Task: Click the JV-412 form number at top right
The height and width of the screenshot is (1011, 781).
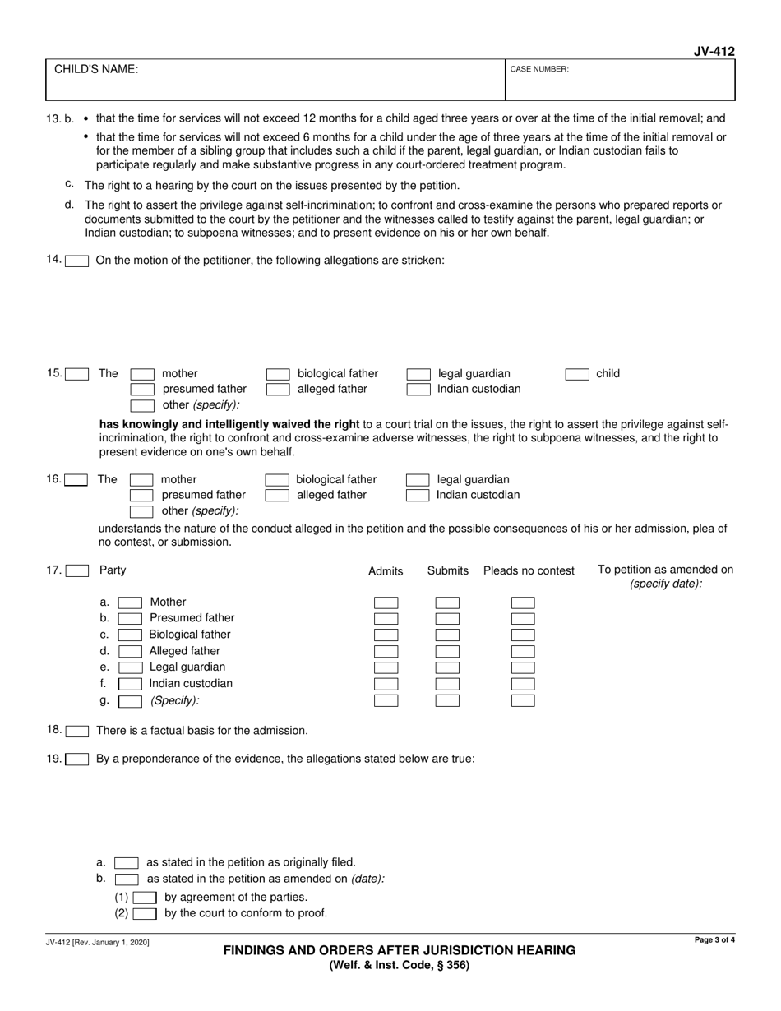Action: coord(713,52)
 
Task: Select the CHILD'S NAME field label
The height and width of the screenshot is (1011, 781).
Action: coord(96,70)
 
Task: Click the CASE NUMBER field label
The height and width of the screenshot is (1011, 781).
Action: coord(539,70)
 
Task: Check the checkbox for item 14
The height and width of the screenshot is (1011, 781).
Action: coord(77,261)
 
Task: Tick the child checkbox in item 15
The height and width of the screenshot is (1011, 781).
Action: coord(577,374)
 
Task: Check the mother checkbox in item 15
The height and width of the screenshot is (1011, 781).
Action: coord(143,374)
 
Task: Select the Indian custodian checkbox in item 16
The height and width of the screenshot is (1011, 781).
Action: coord(418,496)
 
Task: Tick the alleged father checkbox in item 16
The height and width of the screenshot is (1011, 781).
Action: coord(277,496)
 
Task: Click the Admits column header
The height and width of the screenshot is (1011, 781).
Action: coord(386,571)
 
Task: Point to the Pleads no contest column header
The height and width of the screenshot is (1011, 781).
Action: coord(529,571)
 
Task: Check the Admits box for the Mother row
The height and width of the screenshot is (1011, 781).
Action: coord(386,603)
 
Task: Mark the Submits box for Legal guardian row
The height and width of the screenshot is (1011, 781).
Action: coord(447,668)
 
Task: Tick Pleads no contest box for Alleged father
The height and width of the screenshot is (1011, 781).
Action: coord(523,652)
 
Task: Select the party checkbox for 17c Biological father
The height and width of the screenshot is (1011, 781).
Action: coord(130,635)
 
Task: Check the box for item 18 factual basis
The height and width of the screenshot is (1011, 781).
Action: coord(77,731)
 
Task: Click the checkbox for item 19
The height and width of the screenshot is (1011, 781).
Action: coord(77,759)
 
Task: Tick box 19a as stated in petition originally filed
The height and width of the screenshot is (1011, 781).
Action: coord(127,863)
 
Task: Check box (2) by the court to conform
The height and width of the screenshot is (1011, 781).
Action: coord(145,913)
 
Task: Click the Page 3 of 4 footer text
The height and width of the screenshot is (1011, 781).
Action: coord(714,939)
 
